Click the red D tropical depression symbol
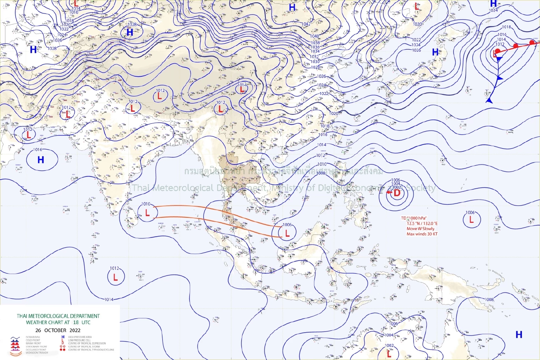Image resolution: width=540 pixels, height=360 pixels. point(397,193)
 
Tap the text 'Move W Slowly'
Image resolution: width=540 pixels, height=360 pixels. point(420,229)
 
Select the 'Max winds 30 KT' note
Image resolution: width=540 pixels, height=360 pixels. point(422,234)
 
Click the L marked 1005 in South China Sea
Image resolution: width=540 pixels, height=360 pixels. point(287,233)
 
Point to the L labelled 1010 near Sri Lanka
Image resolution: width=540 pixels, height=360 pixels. point(147,212)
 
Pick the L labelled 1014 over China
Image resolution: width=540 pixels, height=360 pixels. point(242,90)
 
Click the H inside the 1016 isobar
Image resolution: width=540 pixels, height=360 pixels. point(40,160)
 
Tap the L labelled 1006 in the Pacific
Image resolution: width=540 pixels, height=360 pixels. point(471,220)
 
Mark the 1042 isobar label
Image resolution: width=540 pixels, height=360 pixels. point(306,24)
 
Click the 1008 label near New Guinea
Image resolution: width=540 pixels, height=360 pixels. point(489,299)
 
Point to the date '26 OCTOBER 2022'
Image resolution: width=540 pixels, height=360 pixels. point(58,330)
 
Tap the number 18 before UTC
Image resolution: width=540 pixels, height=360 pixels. point(76,322)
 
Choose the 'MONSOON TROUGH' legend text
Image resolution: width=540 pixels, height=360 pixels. point(37,353)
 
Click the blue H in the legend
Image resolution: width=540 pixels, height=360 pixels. point(63,337)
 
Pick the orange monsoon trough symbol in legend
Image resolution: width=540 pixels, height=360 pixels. point(15,352)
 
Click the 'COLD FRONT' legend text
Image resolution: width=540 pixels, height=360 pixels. point(33,340)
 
